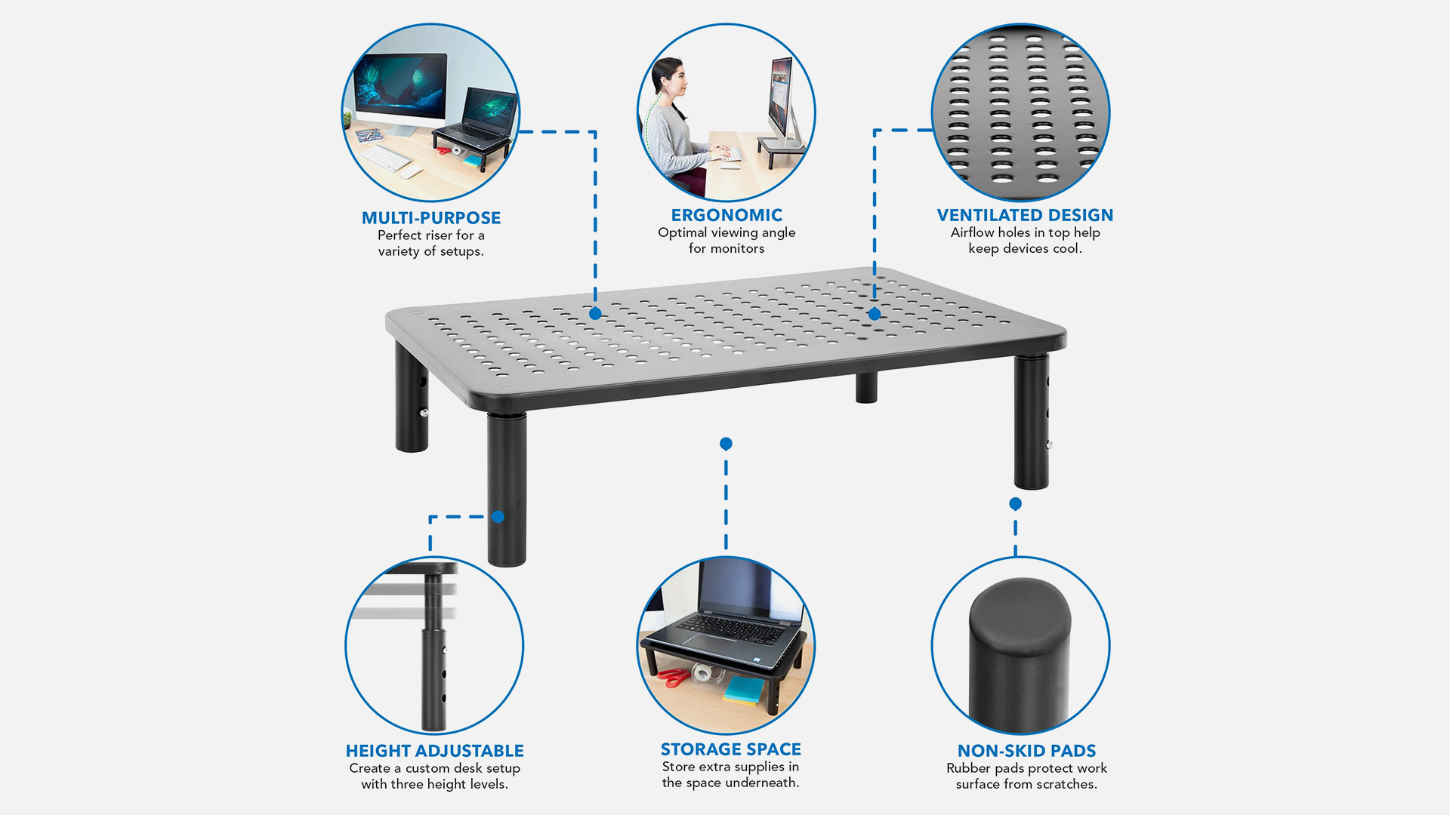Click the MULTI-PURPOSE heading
pyautogui.click(x=431, y=218)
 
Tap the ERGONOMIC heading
pyautogui.click(x=727, y=215)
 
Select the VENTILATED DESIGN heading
pyautogui.click(x=1025, y=215)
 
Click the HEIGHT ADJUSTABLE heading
pyautogui.click(x=434, y=751)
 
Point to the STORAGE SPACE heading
pyautogui.click(x=730, y=749)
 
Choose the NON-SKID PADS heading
pyautogui.click(x=1026, y=751)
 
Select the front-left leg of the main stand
pyautogui.click(x=507, y=489)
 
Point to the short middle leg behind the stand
pyautogui.click(x=867, y=386)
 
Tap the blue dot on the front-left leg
pyautogui.click(x=498, y=517)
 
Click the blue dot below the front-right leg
pyautogui.click(x=1016, y=503)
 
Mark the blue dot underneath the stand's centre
pyautogui.click(x=726, y=444)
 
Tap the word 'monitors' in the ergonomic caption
pyautogui.click(x=737, y=249)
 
